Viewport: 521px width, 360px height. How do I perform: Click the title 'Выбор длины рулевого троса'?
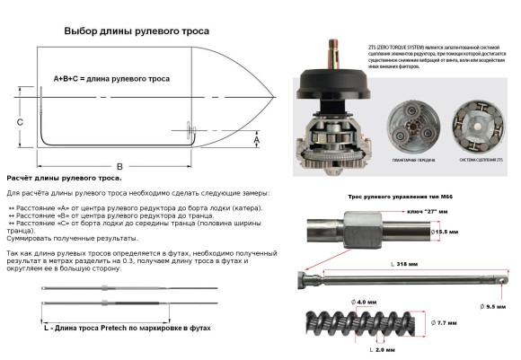pyautogui.click(x=134, y=31)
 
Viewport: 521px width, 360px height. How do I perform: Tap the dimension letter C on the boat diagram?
pyautogui.click(x=20, y=120)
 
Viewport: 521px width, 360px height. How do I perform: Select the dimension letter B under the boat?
pyautogui.click(x=119, y=166)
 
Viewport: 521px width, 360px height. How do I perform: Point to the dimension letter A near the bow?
pyautogui.click(x=256, y=140)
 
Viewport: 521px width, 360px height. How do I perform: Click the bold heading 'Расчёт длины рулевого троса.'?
pyautogui.click(x=65, y=179)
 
